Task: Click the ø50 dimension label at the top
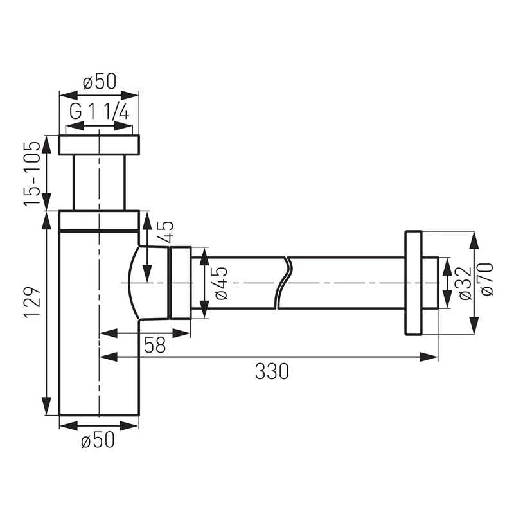pyautogui.click(x=100, y=82)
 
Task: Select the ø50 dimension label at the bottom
pyautogui.click(x=98, y=439)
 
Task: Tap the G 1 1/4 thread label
pyautogui.click(x=100, y=112)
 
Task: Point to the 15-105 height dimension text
pyautogui.click(x=33, y=173)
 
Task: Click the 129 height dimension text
pyautogui.click(x=33, y=301)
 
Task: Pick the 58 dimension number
pyautogui.click(x=155, y=345)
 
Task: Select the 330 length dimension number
pyautogui.click(x=272, y=371)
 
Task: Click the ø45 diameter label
pyautogui.click(x=221, y=283)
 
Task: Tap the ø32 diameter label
pyautogui.click(x=465, y=283)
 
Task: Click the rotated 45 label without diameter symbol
pyautogui.click(x=166, y=231)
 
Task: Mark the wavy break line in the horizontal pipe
pyautogui.click(x=283, y=283)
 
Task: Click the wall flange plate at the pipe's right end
pyautogui.click(x=413, y=283)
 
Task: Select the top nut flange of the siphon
pyautogui.click(x=100, y=145)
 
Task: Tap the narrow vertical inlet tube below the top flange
pyautogui.click(x=100, y=182)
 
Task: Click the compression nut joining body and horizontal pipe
pyautogui.click(x=181, y=283)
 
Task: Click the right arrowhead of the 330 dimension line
pyautogui.click(x=429, y=357)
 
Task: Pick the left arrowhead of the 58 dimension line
pyautogui.click(x=108, y=333)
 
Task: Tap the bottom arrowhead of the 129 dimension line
pyautogui.click(x=47, y=406)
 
